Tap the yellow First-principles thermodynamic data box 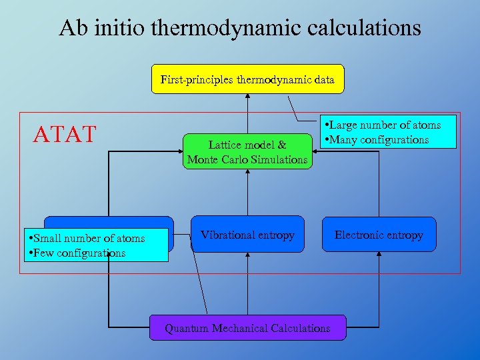pyautogui.click(x=247, y=79)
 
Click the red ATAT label pyautogui.click(x=65, y=134)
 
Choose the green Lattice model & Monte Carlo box pyautogui.click(x=247, y=151)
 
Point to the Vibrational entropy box pyautogui.click(x=247, y=235)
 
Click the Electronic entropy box pyautogui.click(x=379, y=235)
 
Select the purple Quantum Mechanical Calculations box pyautogui.click(x=247, y=328)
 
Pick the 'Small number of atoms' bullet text pyautogui.click(x=86, y=239)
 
